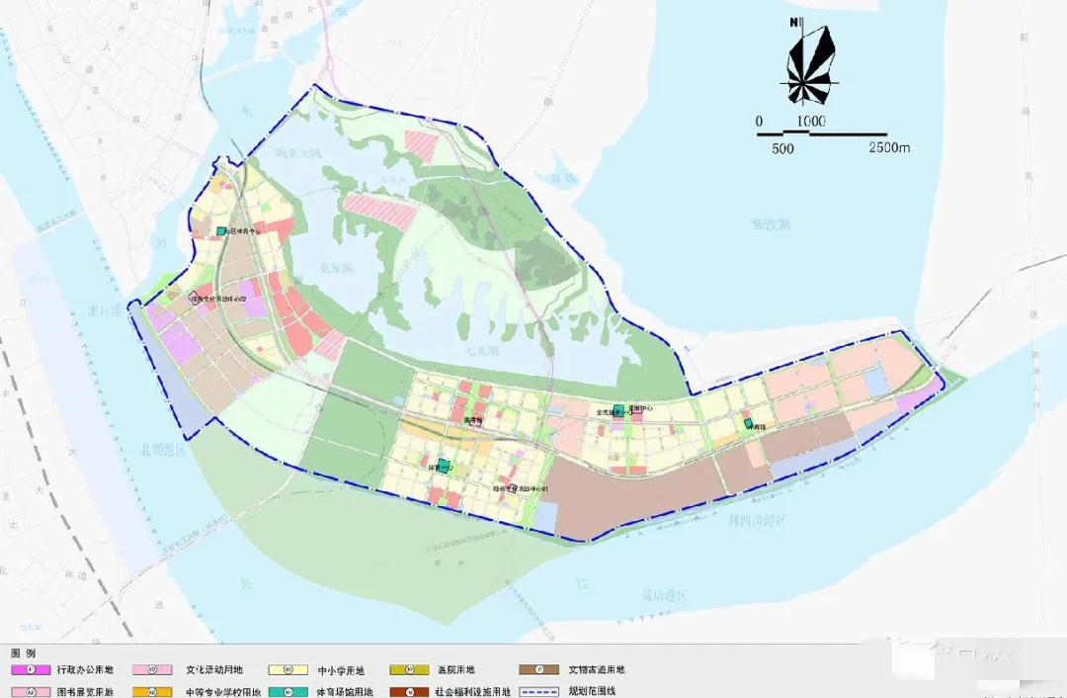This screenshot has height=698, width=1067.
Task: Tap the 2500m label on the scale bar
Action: click(x=889, y=148)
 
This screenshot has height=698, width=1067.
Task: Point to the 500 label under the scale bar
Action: click(x=782, y=148)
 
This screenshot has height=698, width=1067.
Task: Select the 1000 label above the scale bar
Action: click(x=810, y=121)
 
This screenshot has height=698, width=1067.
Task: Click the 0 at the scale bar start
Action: click(x=759, y=121)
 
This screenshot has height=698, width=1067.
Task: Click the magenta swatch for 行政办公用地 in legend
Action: click(x=30, y=670)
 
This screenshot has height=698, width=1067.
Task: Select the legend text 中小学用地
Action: click(x=341, y=670)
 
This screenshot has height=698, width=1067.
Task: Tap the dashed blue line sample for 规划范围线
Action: click(x=541, y=692)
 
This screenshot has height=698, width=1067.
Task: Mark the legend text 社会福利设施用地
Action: click(x=472, y=692)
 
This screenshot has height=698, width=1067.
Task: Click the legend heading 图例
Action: click(x=23, y=654)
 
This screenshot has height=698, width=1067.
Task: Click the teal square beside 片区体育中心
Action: click(x=222, y=231)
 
